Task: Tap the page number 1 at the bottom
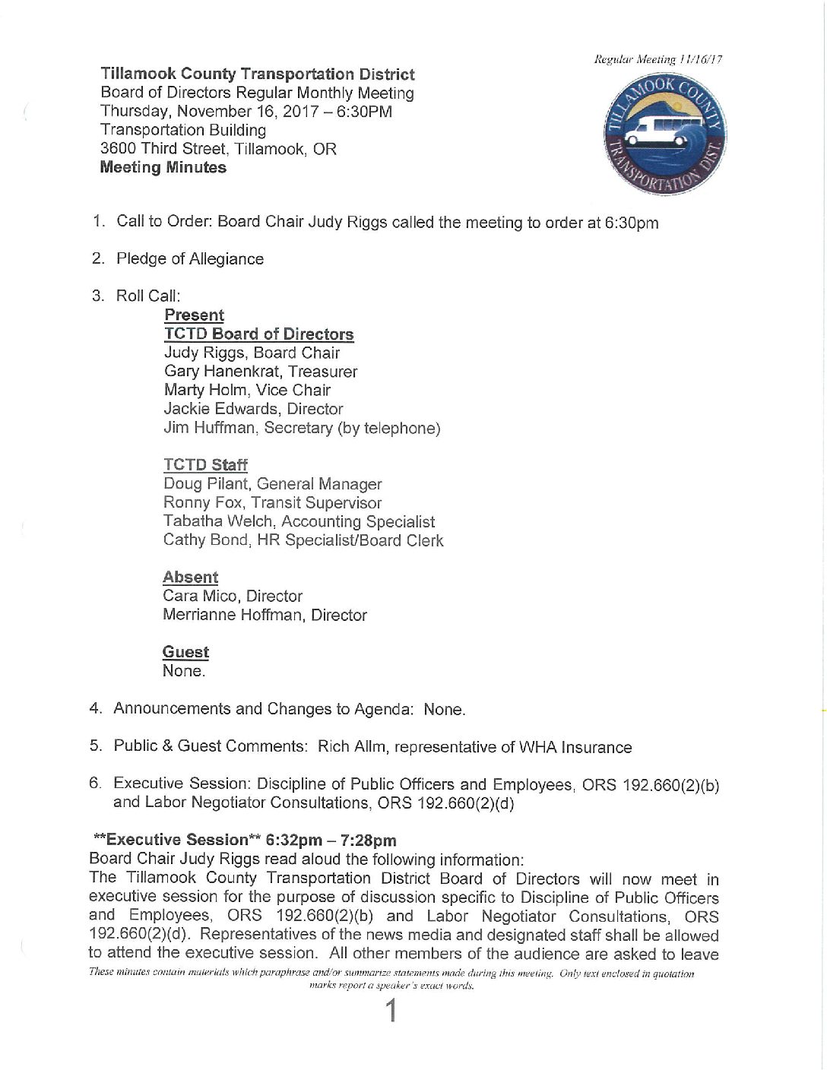click(x=391, y=1011)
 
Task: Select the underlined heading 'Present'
click(x=194, y=315)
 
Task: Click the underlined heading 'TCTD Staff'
click(x=205, y=465)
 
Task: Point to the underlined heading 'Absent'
click(x=190, y=578)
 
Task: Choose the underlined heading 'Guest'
click(x=185, y=652)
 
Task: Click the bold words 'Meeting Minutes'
click(x=163, y=167)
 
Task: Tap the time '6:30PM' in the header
click(x=364, y=112)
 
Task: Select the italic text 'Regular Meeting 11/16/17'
click(x=658, y=59)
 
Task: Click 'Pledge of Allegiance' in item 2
click(x=190, y=259)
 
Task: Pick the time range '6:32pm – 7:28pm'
click(x=331, y=840)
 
